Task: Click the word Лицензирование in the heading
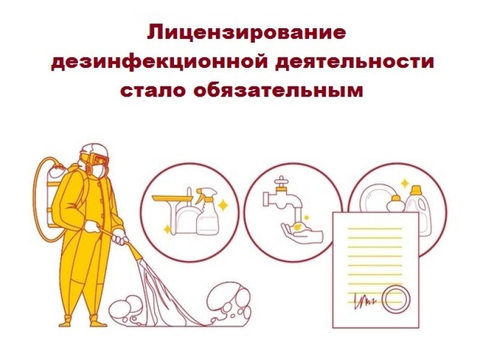tap(247, 33)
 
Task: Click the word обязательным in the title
tap(278, 91)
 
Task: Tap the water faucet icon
tap(281, 196)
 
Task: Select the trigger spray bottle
tap(207, 211)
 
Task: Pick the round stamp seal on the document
tap(395, 298)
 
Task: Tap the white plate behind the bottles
tap(374, 199)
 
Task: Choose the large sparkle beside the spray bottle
tap(223, 205)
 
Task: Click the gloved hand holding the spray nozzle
tap(121, 237)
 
